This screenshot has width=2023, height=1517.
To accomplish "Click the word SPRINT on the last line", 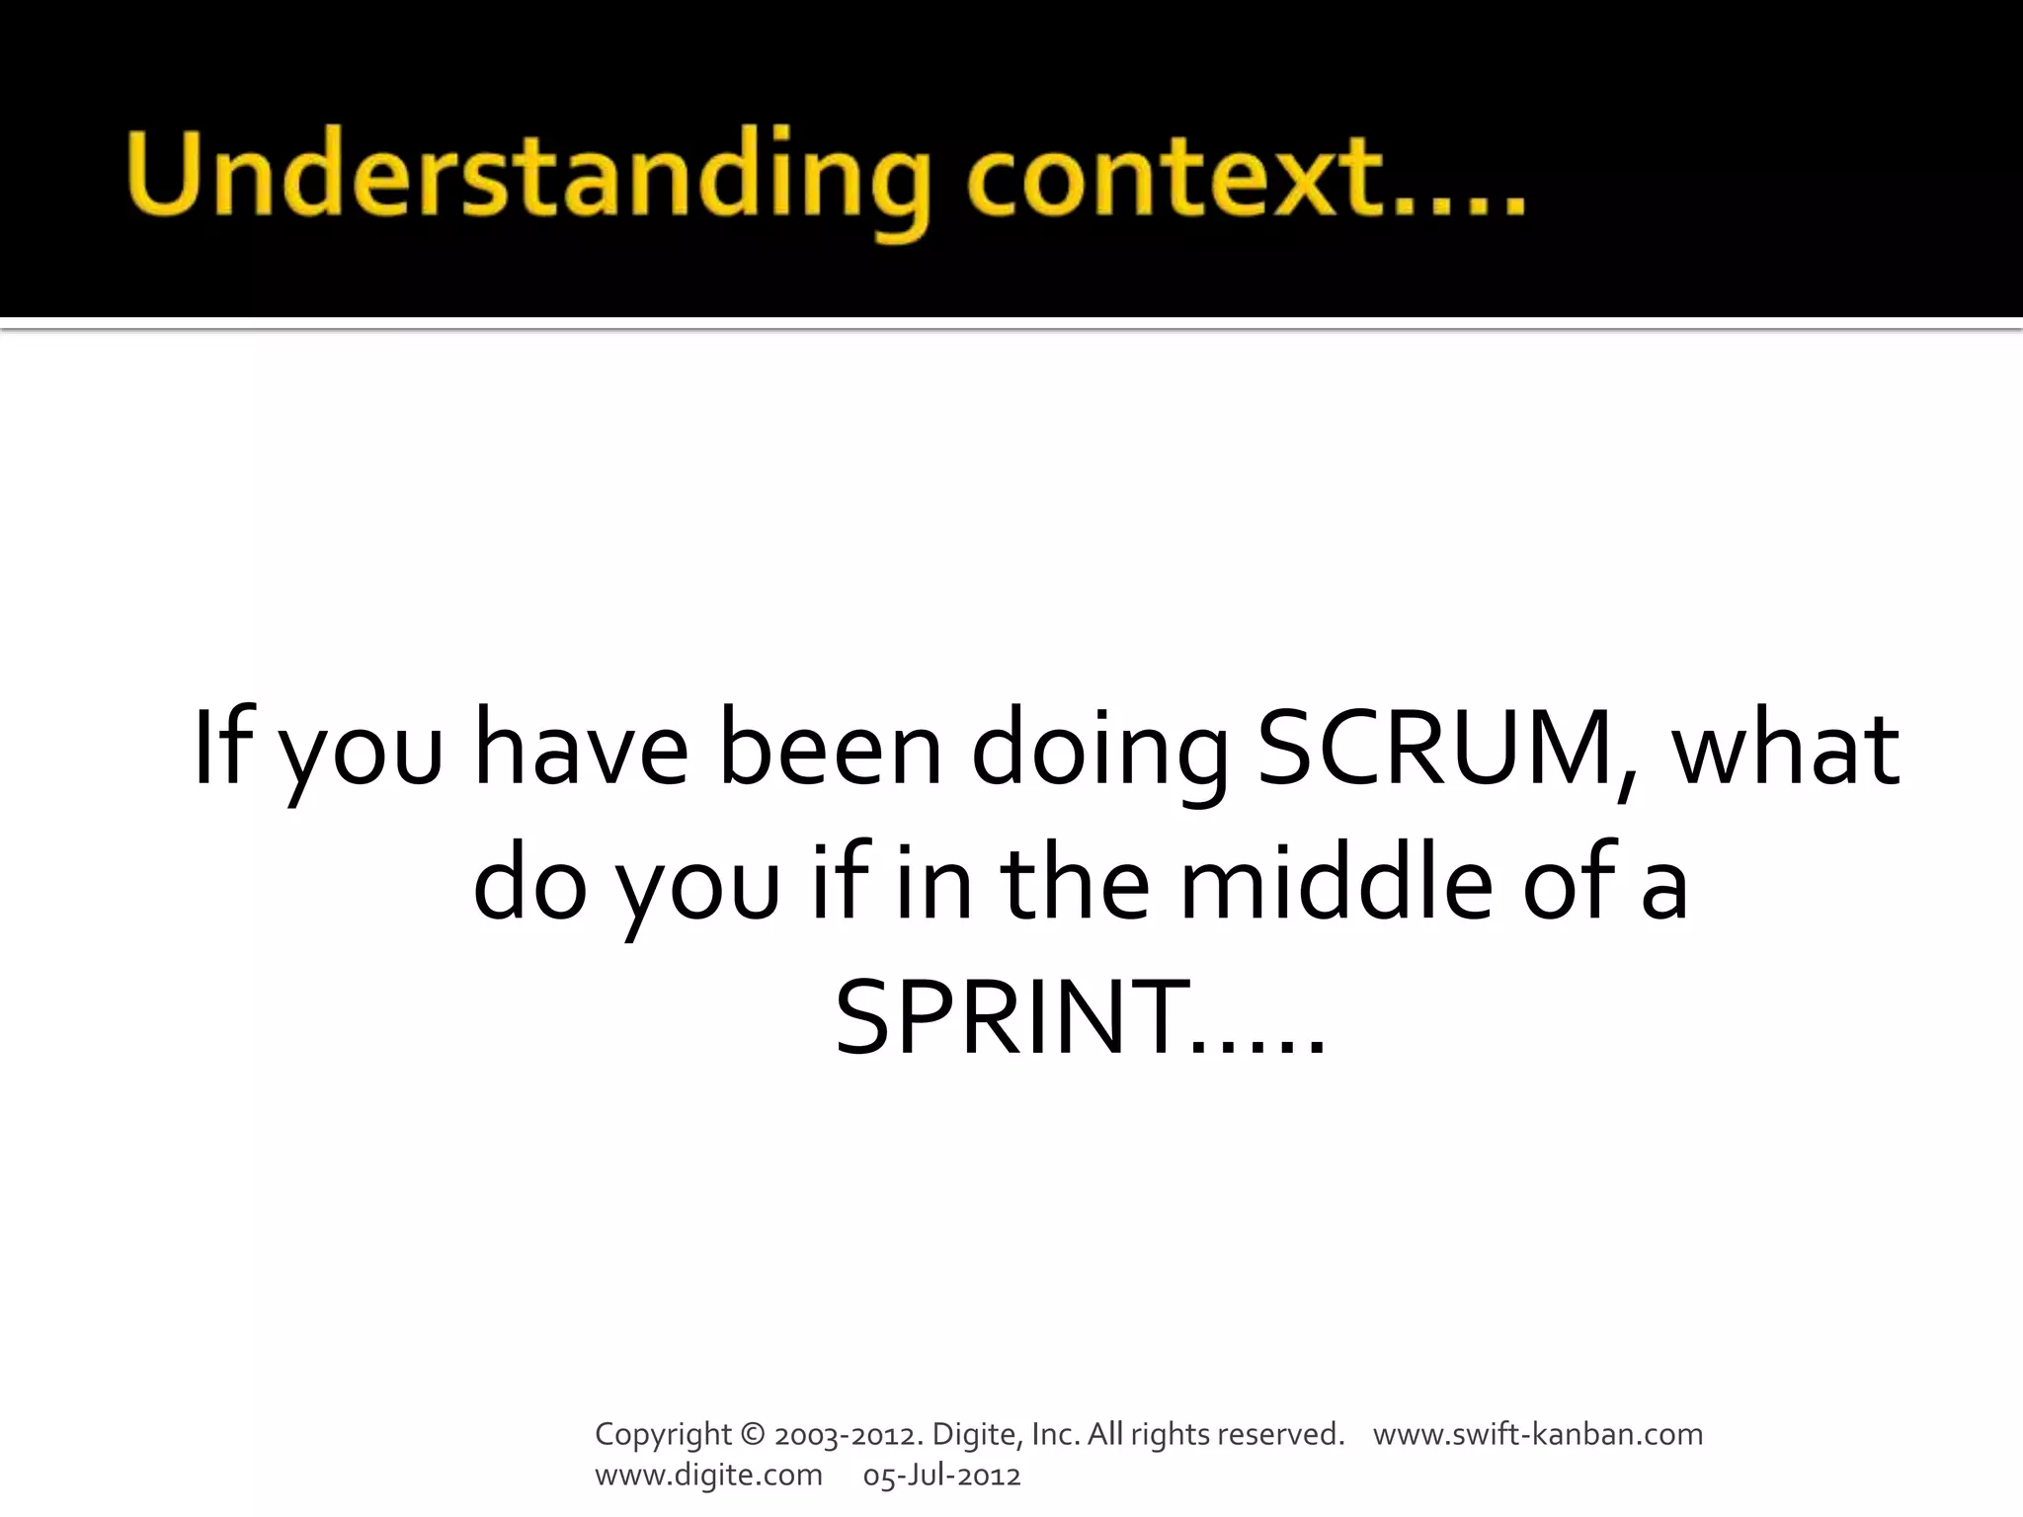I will pyautogui.click(x=1012, y=1017).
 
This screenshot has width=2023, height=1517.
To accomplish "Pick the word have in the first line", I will pyautogui.click(x=581, y=749).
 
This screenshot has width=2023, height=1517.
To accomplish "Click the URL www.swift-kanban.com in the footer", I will pyautogui.click(x=1538, y=1434).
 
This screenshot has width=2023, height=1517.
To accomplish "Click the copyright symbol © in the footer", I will pyautogui.click(x=752, y=1434).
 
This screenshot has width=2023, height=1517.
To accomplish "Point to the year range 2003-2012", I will pyautogui.click(x=850, y=1434).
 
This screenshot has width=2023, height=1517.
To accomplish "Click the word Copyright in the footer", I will pyautogui.click(x=663, y=1435).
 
